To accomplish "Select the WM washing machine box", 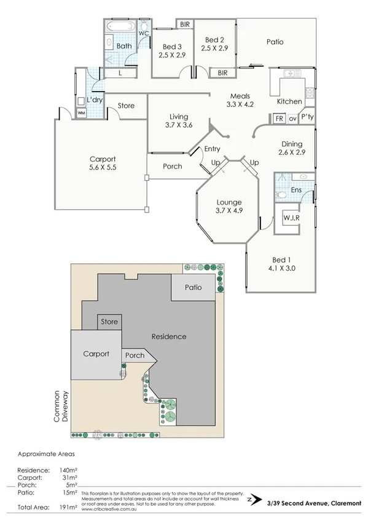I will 81,112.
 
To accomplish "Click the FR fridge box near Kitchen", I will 278,119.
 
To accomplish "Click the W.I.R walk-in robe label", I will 291,218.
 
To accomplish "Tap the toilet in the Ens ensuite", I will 281,195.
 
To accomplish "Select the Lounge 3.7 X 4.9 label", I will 228,206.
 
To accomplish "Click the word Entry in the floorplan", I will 212,149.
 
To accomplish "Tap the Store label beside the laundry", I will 126,106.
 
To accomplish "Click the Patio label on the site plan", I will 194,287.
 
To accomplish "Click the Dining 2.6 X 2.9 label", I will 292,147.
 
